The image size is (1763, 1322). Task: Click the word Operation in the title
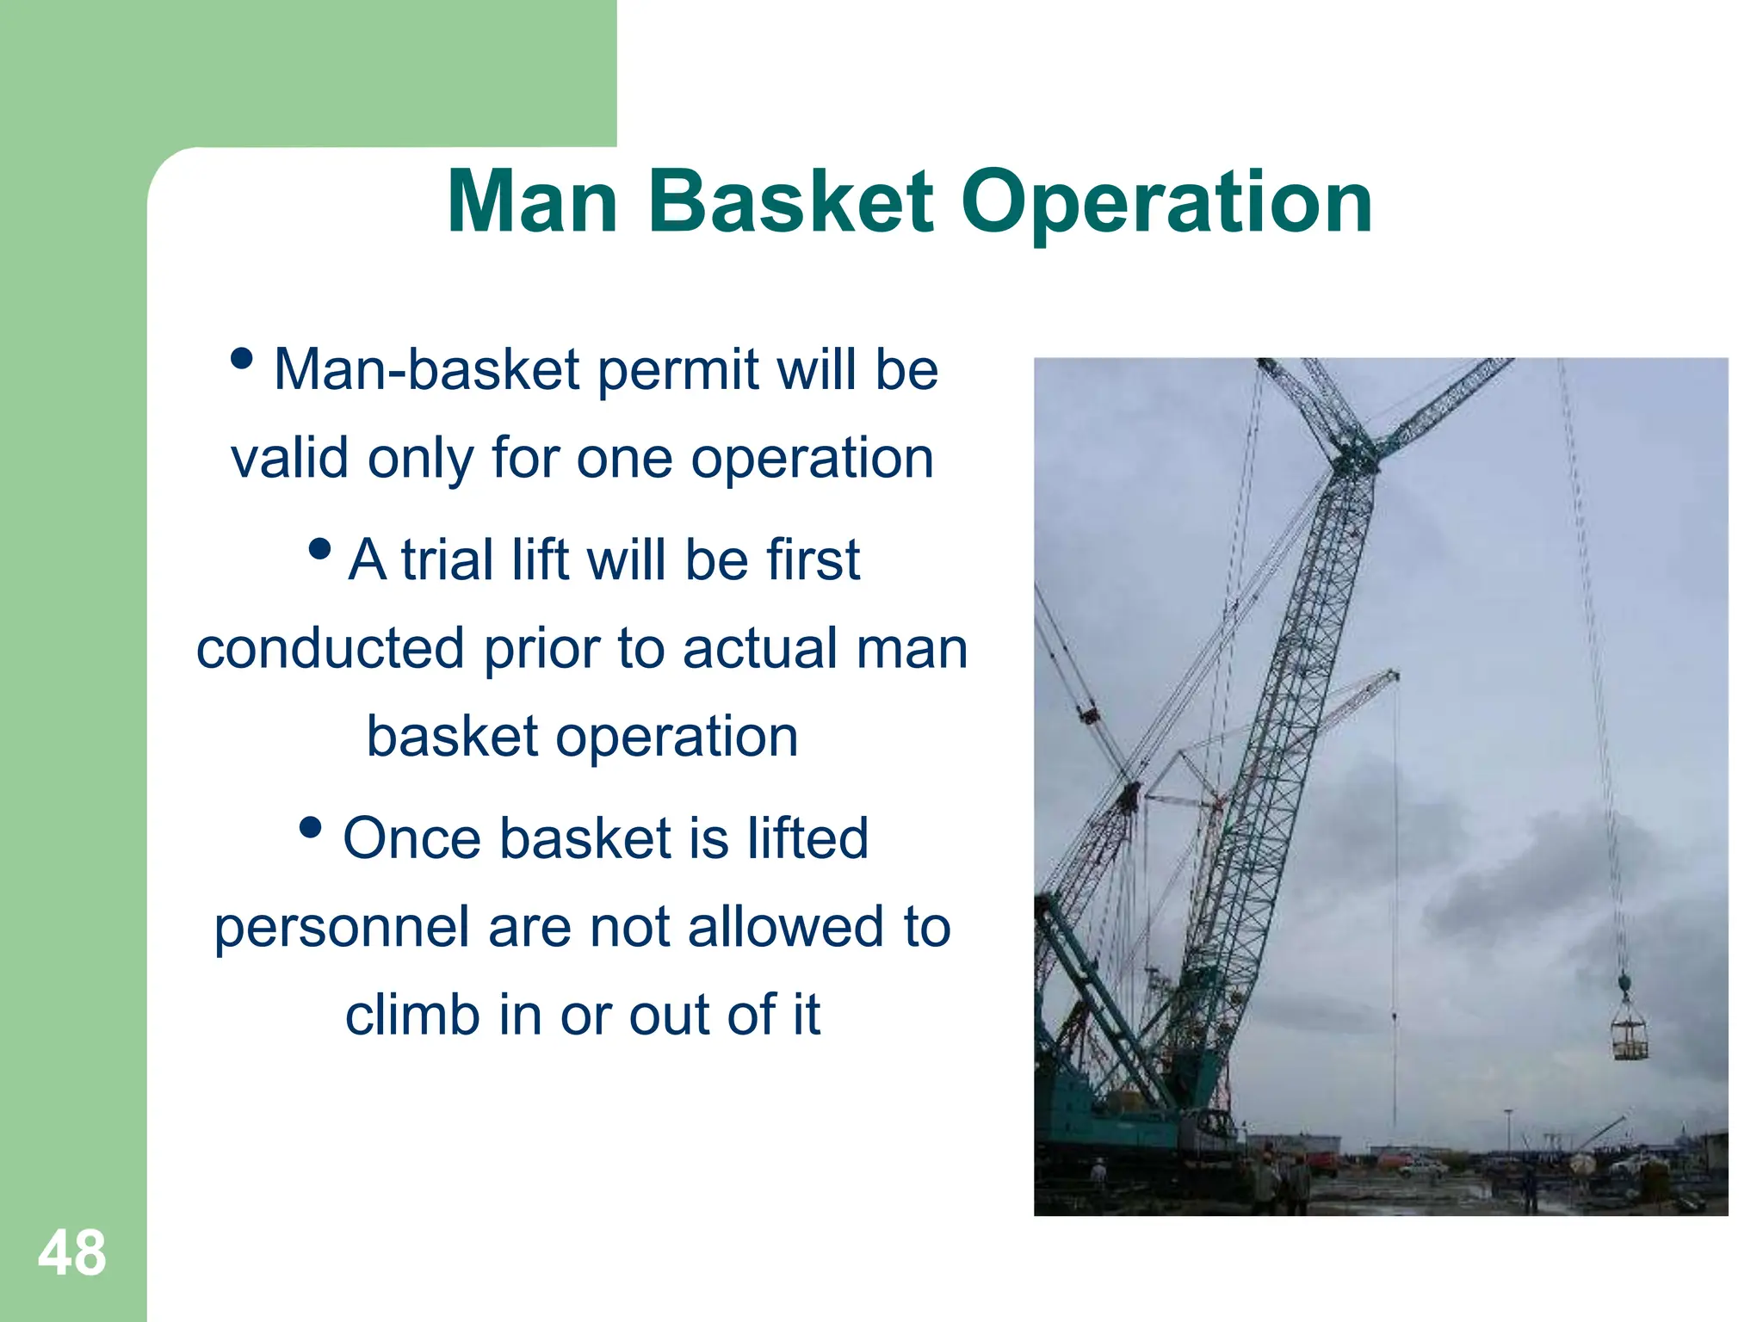point(1166,205)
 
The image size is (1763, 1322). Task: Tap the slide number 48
point(72,1253)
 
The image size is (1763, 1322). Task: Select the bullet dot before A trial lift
point(319,548)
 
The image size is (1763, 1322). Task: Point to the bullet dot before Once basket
point(310,828)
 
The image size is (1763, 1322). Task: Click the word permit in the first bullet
point(677,370)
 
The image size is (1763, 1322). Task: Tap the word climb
point(411,1015)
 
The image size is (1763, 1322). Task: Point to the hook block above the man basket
point(1624,981)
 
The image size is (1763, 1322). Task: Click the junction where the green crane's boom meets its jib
point(1353,456)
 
